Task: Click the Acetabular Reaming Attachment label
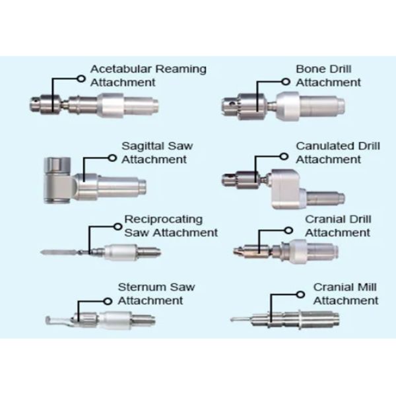pyautogui.click(x=148, y=76)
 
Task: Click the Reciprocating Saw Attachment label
pyautogui.click(x=170, y=226)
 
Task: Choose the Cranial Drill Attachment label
pyautogui.click(x=337, y=226)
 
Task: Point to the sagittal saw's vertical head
pyautogui.click(x=55, y=178)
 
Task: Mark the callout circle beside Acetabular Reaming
pyautogui.click(x=81, y=77)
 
